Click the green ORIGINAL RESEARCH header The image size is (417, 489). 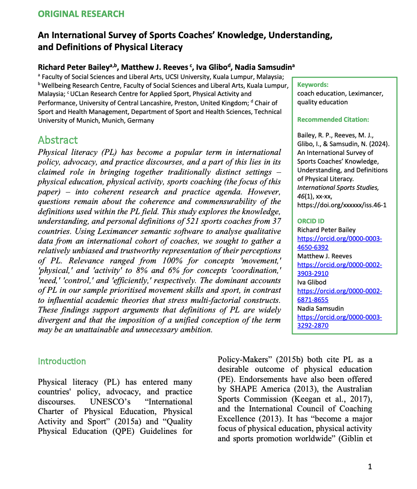[81, 14]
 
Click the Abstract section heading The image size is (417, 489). [58, 140]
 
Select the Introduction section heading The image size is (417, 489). [62, 361]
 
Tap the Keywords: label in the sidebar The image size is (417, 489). [313, 85]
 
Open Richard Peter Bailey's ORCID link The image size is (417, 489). [339, 243]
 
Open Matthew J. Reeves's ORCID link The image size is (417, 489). [339, 269]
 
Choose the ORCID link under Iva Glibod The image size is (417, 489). [339, 296]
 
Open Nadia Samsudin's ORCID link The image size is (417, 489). [339, 321]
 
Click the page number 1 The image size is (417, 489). [370, 467]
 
